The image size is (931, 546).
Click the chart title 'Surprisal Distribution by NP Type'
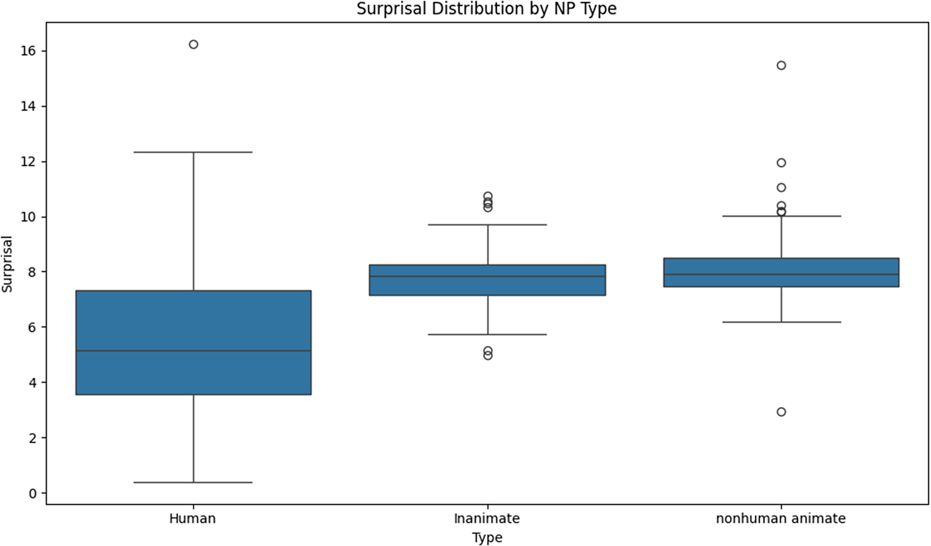pyautogui.click(x=487, y=9)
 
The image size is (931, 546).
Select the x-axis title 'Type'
pyautogui.click(x=487, y=537)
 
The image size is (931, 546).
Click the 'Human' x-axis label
pyautogui.click(x=193, y=519)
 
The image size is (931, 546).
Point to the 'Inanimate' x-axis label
pyautogui.click(x=487, y=519)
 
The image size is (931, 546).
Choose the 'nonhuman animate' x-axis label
pyautogui.click(x=781, y=519)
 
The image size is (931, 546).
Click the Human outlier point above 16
pyautogui.click(x=193, y=44)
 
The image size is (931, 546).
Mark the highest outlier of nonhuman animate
pyautogui.click(x=781, y=65)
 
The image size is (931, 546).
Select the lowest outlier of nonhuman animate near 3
pyautogui.click(x=781, y=412)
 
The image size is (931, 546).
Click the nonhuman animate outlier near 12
pyautogui.click(x=781, y=163)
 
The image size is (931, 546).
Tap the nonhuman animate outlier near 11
pyautogui.click(x=781, y=187)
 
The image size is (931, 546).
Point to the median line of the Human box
pyautogui.click(x=193, y=351)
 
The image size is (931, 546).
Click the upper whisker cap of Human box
pyautogui.click(x=193, y=152)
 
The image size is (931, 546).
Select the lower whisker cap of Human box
pyautogui.click(x=193, y=482)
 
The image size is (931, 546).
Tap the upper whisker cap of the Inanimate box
pyautogui.click(x=487, y=224)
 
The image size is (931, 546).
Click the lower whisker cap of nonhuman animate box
pyautogui.click(x=781, y=322)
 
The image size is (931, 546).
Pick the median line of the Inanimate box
pyautogui.click(x=487, y=276)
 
